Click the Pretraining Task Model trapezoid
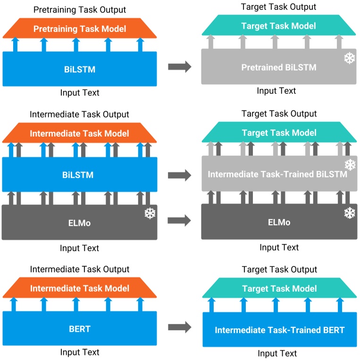80,29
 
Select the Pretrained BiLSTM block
278,67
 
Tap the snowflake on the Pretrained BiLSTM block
349,58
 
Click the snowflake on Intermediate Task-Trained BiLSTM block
350,165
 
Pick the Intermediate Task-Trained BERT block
279,330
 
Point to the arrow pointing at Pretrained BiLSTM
179,67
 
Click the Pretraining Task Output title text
80,9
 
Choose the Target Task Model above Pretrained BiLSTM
278,26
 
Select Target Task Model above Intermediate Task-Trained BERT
279,289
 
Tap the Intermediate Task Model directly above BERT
80,288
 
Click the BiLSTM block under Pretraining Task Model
80,69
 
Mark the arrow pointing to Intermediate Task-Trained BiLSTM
179,175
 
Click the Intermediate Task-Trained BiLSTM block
278,174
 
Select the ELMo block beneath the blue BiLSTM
80,223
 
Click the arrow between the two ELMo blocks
179,220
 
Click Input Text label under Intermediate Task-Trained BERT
277,353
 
